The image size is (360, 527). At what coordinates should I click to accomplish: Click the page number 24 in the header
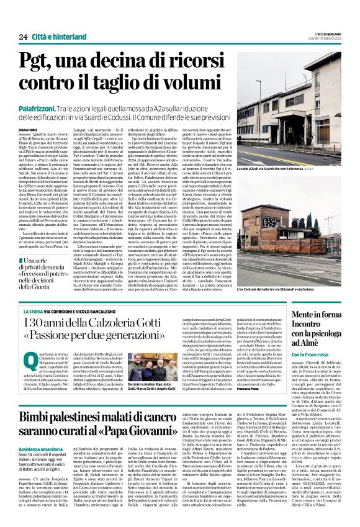[23, 37]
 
